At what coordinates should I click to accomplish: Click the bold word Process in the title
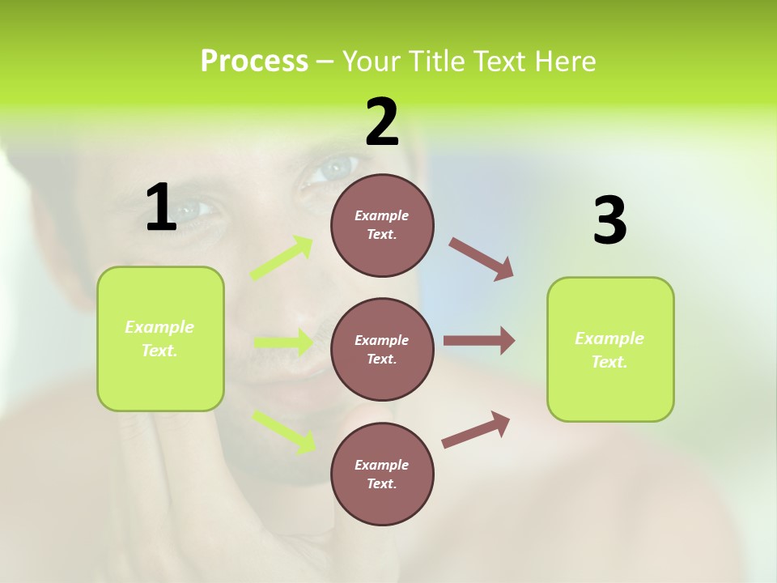(x=254, y=62)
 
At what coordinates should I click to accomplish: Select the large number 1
(x=161, y=208)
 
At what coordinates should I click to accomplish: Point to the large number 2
(x=382, y=122)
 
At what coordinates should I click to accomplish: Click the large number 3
(x=609, y=221)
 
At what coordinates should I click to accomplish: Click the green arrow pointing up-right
(x=282, y=258)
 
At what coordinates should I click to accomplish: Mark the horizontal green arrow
(x=283, y=343)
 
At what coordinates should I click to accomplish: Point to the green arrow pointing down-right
(x=284, y=432)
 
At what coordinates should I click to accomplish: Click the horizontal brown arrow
(x=479, y=340)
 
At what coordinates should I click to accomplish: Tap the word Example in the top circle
(x=381, y=215)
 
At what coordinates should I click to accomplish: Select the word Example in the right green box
(x=609, y=338)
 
